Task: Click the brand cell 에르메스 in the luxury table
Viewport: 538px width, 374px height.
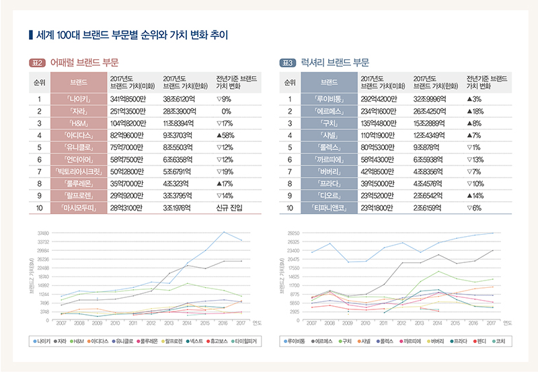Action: (x=330, y=111)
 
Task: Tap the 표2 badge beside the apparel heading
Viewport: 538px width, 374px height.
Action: (x=37, y=63)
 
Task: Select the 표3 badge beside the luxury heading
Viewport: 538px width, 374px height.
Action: (x=287, y=63)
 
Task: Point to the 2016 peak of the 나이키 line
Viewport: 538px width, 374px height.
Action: (x=225, y=232)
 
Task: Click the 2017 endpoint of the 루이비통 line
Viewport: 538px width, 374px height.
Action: (x=493, y=233)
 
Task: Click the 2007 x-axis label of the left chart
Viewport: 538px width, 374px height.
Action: (x=61, y=324)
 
